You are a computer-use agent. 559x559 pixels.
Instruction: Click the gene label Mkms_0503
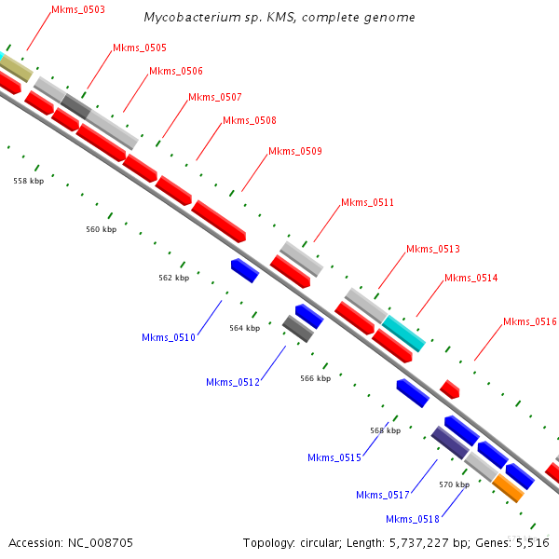(x=78, y=9)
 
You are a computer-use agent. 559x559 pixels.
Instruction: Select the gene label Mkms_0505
(x=140, y=48)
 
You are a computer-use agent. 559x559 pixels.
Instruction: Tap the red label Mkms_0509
(x=295, y=151)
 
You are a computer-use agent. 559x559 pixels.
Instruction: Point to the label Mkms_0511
(x=367, y=202)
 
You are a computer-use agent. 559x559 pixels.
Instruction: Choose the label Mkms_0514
(x=470, y=278)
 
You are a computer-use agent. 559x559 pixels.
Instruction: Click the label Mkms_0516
(x=530, y=321)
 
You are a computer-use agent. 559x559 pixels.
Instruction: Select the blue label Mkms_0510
(x=169, y=337)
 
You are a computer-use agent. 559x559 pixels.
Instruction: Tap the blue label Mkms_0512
(x=233, y=382)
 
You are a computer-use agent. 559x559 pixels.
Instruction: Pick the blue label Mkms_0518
(x=413, y=519)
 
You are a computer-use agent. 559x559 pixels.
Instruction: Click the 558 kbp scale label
(x=28, y=181)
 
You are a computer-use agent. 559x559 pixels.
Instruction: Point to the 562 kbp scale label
(x=173, y=278)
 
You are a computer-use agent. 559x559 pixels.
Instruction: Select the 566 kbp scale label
(x=315, y=378)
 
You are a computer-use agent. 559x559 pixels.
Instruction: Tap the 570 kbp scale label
(x=454, y=484)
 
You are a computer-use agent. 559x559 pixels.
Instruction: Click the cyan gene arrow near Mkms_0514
(x=403, y=333)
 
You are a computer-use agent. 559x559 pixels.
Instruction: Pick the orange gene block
(x=508, y=487)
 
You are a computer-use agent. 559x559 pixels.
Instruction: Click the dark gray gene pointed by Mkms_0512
(x=296, y=328)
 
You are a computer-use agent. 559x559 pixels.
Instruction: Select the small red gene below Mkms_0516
(x=449, y=389)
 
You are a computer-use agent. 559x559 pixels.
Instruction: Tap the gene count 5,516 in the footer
(x=532, y=542)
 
